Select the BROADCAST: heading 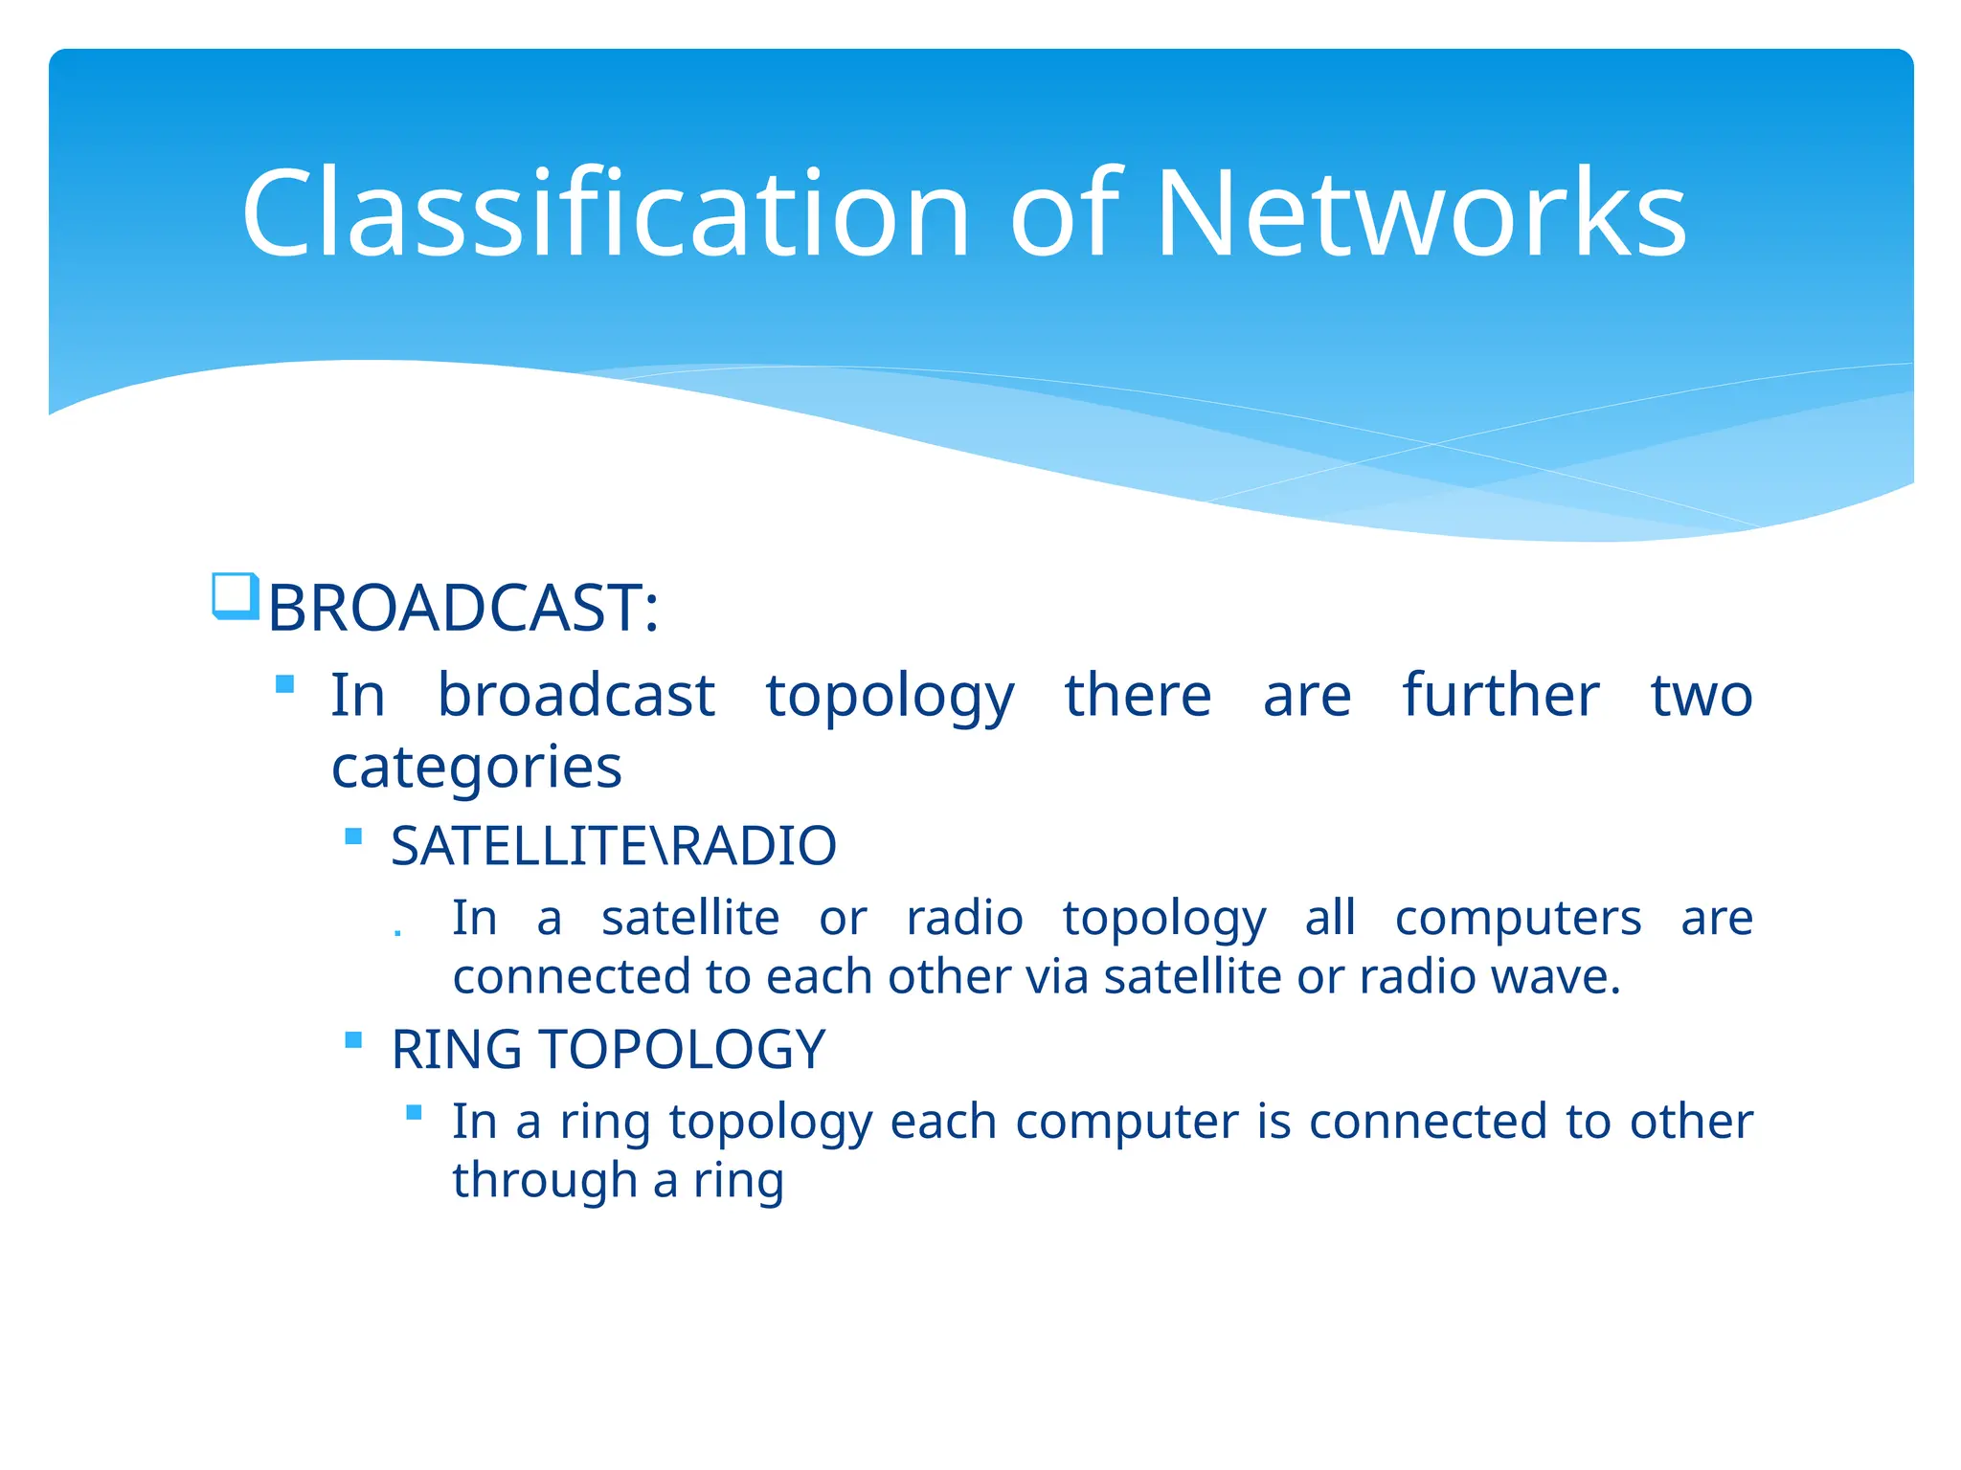[463, 609]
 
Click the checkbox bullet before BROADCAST [235, 596]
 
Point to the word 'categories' [476, 768]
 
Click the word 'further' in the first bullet [1500, 695]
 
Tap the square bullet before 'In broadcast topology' [284, 684]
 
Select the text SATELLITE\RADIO [614, 846]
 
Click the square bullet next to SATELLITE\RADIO [353, 836]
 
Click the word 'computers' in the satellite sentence [1518, 919]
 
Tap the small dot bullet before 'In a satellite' [397, 933]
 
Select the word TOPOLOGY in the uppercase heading [682, 1050]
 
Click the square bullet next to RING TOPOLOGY [353, 1040]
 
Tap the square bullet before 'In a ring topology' [414, 1112]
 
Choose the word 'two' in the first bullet [1701, 695]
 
